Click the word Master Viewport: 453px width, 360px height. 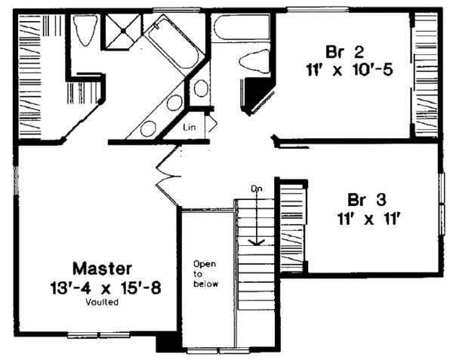click(x=103, y=268)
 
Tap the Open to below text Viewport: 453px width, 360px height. click(x=205, y=274)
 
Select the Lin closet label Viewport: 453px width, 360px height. click(x=190, y=128)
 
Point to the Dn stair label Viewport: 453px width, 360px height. click(x=257, y=189)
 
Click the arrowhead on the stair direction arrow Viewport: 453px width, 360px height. click(x=257, y=242)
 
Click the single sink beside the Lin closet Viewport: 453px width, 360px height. click(x=202, y=88)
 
